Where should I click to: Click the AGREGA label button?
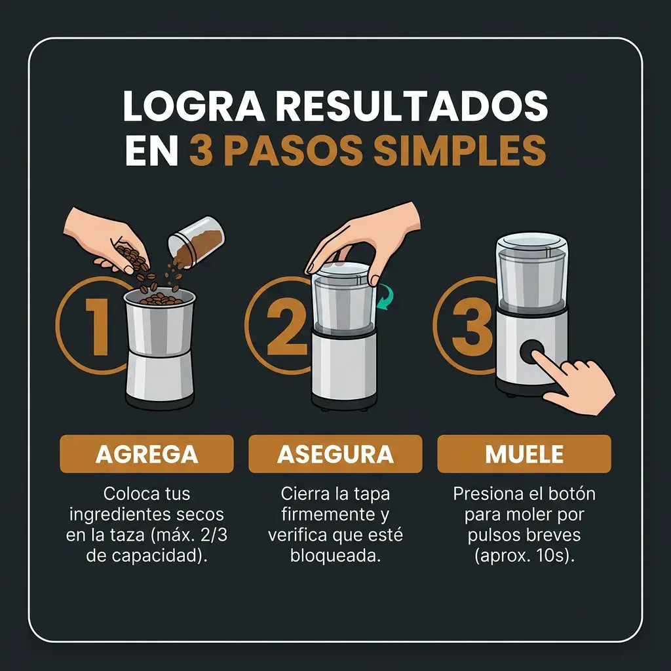coord(147,453)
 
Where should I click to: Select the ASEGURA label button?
coord(335,453)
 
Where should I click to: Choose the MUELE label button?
coord(524,453)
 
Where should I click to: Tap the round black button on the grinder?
coord(532,352)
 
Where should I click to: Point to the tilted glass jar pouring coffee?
coord(196,241)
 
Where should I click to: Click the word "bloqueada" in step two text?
coord(335,556)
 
